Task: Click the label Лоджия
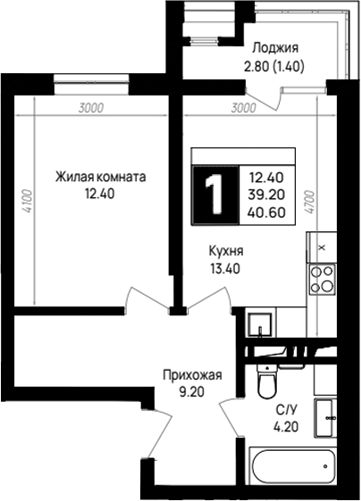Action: pos(275,49)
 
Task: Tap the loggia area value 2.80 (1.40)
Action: pos(273,66)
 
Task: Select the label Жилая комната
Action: pos(101,177)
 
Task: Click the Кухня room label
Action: pos(226,251)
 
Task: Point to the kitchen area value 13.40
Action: pos(225,269)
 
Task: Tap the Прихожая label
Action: pos(192,375)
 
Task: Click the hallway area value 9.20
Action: pos(191,392)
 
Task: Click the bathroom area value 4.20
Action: pos(286,427)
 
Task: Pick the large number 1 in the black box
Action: pos(214,195)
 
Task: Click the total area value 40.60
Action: pos(266,213)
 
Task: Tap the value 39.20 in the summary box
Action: pos(266,195)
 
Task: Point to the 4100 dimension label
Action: pos(28,201)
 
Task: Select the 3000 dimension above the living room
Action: pos(91,108)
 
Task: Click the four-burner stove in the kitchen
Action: pos(323,280)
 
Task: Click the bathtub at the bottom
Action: pos(293,466)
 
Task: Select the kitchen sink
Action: pos(260,324)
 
